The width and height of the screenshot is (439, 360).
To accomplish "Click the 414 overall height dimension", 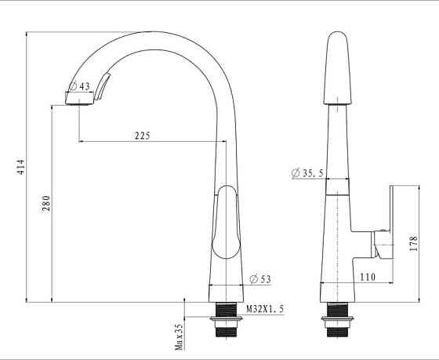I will tap(22, 167).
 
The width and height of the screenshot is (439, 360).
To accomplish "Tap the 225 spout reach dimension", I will tap(142, 135).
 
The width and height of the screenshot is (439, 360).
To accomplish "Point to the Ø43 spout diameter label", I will tap(80, 86).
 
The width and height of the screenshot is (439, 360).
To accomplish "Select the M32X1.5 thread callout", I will tap(265, 310).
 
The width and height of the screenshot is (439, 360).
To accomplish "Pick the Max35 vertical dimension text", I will tap(179, 335).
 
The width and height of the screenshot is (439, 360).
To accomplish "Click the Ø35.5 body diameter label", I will tap(307, 173).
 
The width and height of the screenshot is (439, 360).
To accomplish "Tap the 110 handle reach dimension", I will tap(367, 277).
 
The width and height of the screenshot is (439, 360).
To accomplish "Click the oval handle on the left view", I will tap(226, 223).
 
